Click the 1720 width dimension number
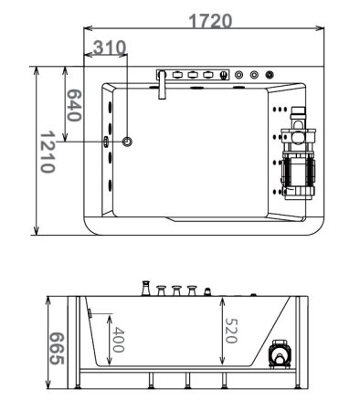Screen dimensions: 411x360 click(x=211, y=20)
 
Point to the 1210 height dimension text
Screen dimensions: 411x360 click(x=48, y=151)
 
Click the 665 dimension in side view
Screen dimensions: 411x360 click(x=57, y=349)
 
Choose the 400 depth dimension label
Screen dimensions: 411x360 click(x=116, y=342)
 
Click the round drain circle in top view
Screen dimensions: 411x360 click(x=127, y=142)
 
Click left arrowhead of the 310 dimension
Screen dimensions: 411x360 click(x=89, y=56)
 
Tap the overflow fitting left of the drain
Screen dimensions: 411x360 click(x=107, y=142)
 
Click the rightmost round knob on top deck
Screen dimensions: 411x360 click(x=271, y=75)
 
